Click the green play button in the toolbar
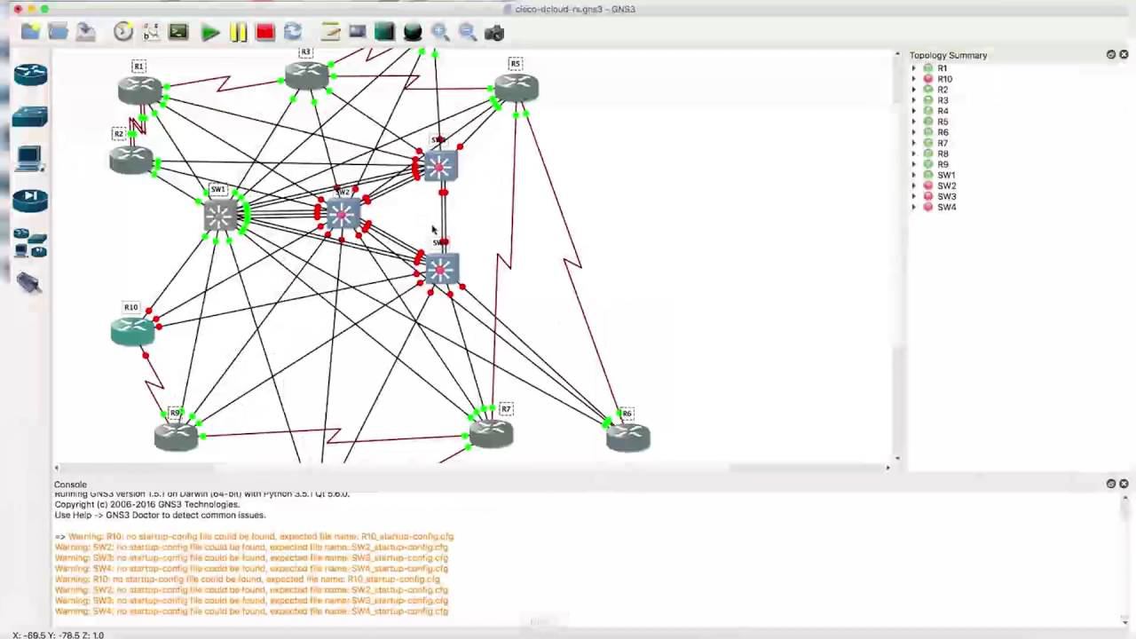click(210, 33)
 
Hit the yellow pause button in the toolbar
click(238, 33)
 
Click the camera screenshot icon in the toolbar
click(494, 33)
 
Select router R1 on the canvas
click(140, 89)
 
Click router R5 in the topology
click(516, 87)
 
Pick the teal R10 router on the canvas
click(133, 330)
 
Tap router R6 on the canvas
click(628, 437)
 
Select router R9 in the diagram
click(176, 436)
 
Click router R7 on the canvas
click(491, 433)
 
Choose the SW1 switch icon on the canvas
click(219, 216)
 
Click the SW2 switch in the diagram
click(342, 215)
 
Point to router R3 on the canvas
click(307, 75)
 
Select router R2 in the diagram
click(131, 160)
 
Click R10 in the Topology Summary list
click(944, 79)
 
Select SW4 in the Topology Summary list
click(946, 207)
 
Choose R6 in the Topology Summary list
click(943, 132)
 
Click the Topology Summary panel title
click(948, 55)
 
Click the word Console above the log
click(70, 485)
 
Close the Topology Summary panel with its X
click(1124, 55)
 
